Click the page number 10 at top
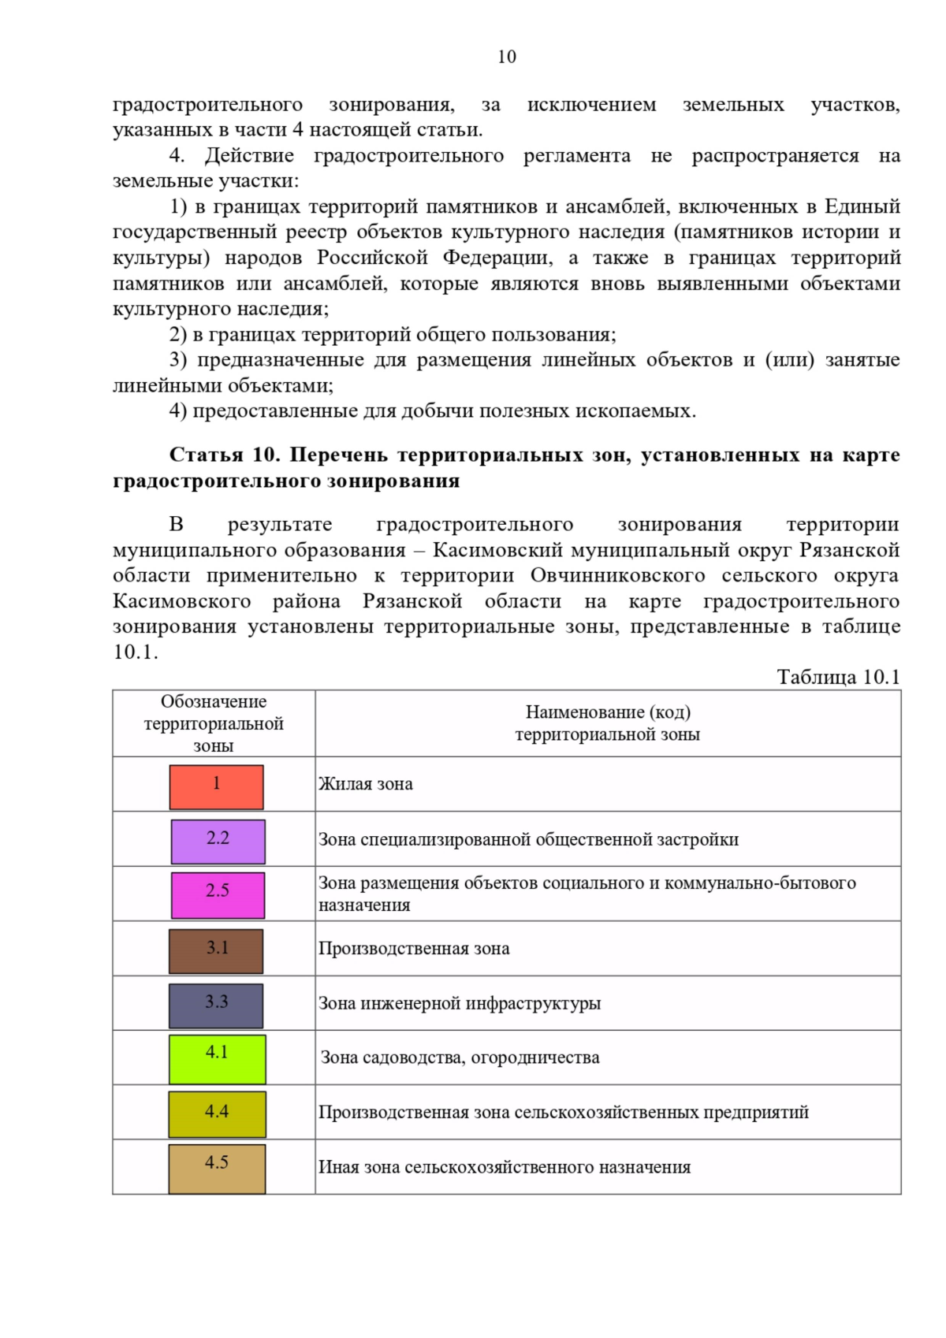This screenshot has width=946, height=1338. (x=507, y=57)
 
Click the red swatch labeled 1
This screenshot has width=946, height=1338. (x=216, y=786)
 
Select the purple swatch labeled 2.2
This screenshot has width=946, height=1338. (x=218, y=841)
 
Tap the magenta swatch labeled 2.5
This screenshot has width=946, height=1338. (x=218, y=894)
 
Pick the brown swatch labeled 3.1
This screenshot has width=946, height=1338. (x=216, y=950)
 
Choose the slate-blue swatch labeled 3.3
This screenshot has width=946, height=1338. (x=216, y=1005)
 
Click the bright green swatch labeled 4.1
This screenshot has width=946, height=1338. (x=217, y=1059)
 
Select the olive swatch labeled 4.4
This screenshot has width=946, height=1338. (x=217, y=1113)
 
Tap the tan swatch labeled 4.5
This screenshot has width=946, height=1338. (x=217, y=1169)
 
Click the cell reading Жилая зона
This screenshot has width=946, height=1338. (x=366, y=784)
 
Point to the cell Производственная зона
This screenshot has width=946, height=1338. (x=414, y=949)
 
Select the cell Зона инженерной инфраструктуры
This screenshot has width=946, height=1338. (x=460, y=1003)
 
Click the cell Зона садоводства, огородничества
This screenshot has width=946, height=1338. (x=460, y=1057)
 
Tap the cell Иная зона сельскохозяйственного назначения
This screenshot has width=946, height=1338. (x=505, y=1167)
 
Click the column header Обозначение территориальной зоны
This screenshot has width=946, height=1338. (x=214, y=723)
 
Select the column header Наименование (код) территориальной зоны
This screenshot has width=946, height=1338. (x=607, y=723)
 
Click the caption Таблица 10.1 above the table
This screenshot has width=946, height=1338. (x=838, y=677)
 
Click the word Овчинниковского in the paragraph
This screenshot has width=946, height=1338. (x=617, y=575)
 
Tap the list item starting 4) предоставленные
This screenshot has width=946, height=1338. (x=432, y=411)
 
